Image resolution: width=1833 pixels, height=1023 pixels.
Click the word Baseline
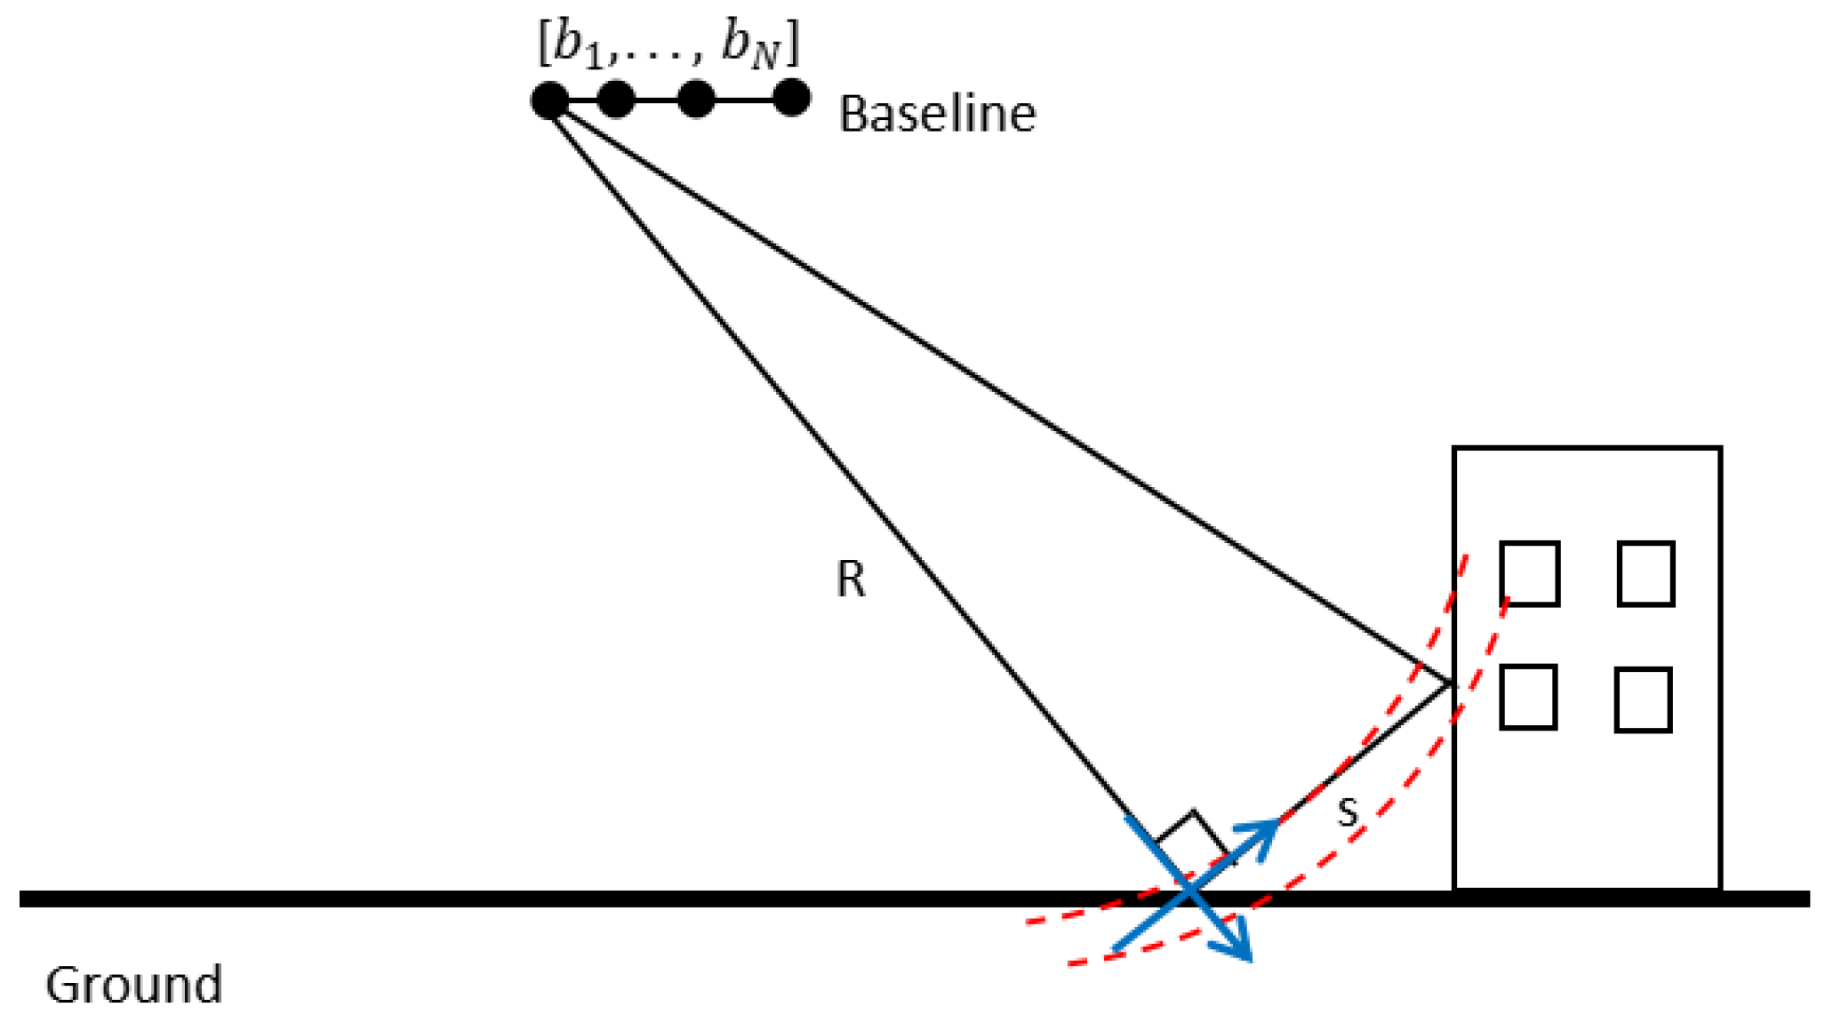(x=937, y=115)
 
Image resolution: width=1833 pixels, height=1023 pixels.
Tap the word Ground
(x=133, y=985)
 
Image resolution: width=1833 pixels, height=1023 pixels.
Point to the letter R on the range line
(x=851, y=579)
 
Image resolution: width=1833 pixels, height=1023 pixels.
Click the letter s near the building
(x=1348, y=812)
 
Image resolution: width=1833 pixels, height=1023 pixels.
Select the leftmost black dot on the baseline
(x=549, y=100)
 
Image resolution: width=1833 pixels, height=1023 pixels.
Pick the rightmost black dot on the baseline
(x=791, y=98)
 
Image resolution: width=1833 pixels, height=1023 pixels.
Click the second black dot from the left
(x=616, y=99)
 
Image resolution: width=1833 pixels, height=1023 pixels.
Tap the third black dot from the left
(x=696, y=99)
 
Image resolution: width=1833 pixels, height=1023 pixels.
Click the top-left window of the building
(x=1530, y=573)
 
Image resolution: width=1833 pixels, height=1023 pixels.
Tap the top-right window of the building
(x=1646, y=573)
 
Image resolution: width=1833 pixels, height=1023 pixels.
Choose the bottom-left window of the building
(x=1528, y=698)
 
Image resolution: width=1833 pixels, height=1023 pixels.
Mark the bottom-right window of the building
(x=1643, y=699)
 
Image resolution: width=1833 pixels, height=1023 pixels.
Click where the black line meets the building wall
(x=1453, y=683)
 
